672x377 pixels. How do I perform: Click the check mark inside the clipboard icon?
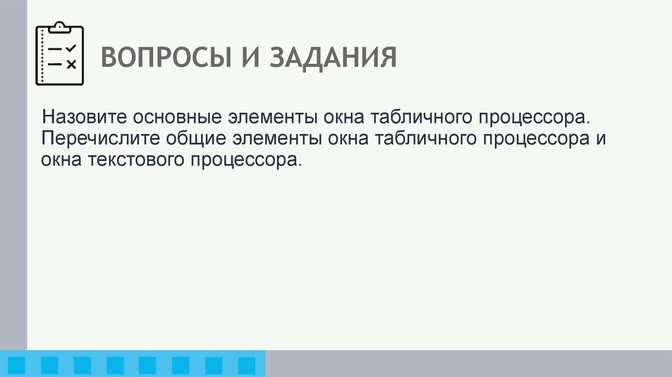pyautogui.click(x=72, y=48)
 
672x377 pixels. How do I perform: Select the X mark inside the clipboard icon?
pyautogui.click(x=72, y=64)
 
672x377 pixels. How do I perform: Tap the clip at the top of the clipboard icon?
pyautogui.click(x=59, y=26)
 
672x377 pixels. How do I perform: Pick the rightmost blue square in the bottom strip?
pyautogui.click(x=246, y=365)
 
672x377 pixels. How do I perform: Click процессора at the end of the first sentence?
pyautogui.click(x=530, y=120)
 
